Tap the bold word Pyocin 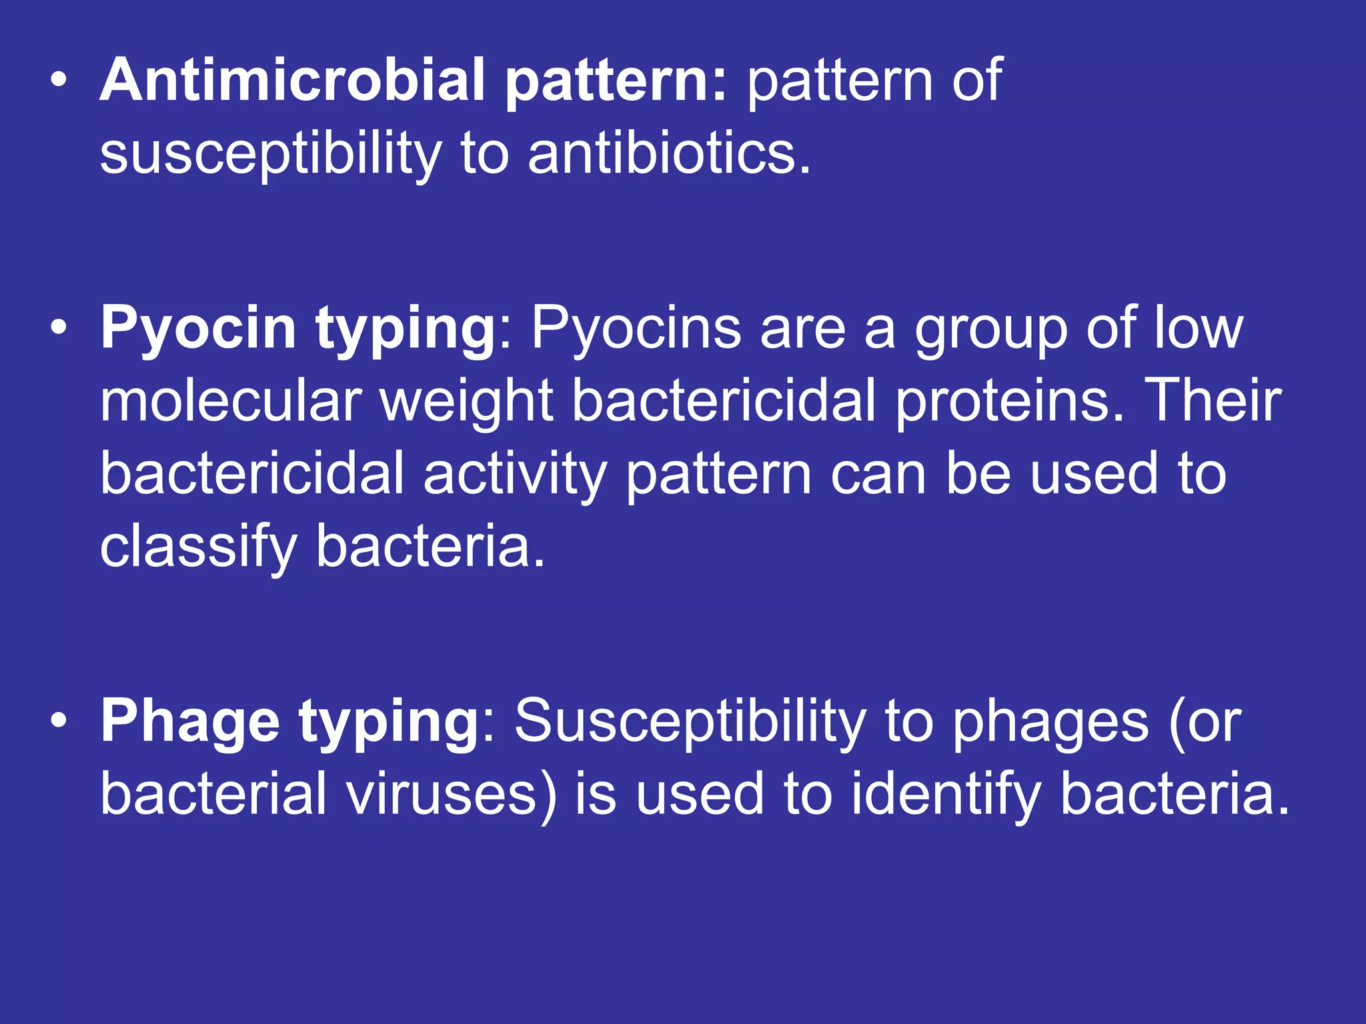tap(198, 329)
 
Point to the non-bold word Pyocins tap(636, 329)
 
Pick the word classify tap(198, 547)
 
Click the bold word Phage tap(190, 722)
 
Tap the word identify tap(946, 795)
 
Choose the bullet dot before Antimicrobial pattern tap(59, 81)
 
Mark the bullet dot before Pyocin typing tap(59, 329)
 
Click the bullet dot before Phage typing tap(59, 722)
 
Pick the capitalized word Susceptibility tap(690, 722)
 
